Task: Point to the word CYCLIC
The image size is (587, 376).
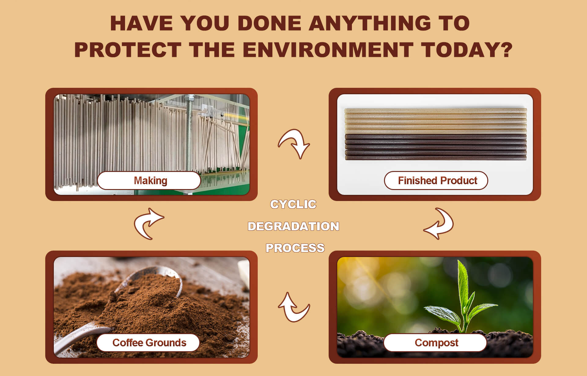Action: click(x=293, y=204)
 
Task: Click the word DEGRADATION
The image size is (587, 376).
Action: click(x=293, y=226)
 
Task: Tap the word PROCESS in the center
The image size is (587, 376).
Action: click(x=295, y=248)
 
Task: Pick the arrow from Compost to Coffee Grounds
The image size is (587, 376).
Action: click(x=293, y=307)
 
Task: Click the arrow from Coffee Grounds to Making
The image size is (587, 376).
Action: click(x=149, y=223)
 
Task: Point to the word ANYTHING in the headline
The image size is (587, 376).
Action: click(x=370, y=23)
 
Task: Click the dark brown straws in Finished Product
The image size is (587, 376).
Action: click(x=436, y=147)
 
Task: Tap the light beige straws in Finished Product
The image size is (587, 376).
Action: click(x=436, y=121)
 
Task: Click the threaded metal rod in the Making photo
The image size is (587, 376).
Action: click(x=190, y=135)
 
